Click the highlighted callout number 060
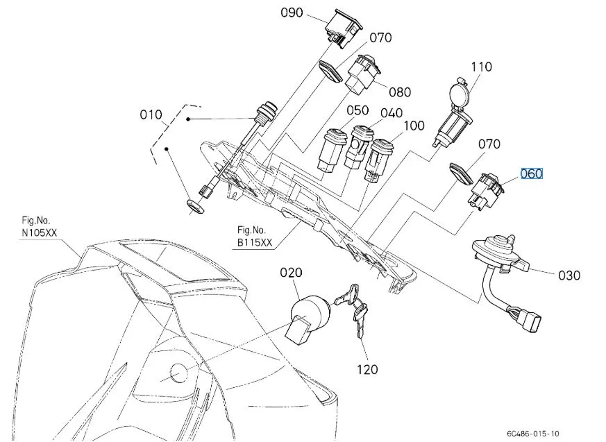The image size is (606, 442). coord(532,174)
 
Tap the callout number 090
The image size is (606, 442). coord(292,12)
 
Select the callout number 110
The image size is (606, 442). coord(481,67)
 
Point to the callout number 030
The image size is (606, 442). coord(569,275)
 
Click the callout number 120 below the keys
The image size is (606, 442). coord(367,370)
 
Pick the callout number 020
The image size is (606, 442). coord(291,273)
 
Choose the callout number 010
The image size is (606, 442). coord(151,114)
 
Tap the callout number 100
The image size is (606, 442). coord(414,126)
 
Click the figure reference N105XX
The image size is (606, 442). coord(40,233)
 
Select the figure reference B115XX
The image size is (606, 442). coord(255,243)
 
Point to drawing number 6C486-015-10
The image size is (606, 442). coord(533,434)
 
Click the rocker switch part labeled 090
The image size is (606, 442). coord(344,29)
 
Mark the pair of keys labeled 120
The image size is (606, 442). coord(353,307)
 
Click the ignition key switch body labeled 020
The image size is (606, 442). coord(308,318)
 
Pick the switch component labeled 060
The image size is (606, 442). coord(486,192)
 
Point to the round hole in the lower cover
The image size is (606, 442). coord(178,373)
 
